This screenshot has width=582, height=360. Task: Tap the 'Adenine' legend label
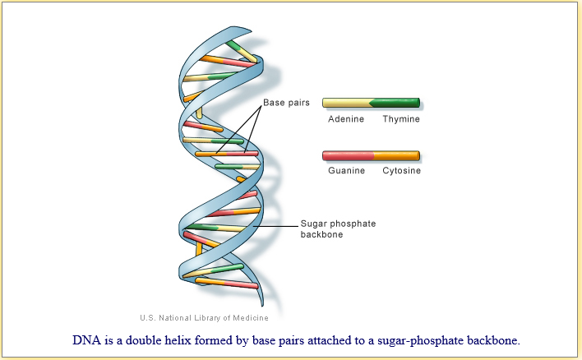click(x=346, y=119)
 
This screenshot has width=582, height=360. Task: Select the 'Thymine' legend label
click(x=401, y=119)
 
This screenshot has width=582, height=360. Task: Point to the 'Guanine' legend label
click(x=346, y=171)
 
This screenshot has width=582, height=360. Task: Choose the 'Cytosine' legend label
click(x=401, y=171)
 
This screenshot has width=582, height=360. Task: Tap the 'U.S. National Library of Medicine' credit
click(x=204, y=318)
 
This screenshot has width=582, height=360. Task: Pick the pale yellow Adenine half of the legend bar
click(x=346, y=104)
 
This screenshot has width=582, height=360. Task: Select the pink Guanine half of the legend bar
click(x=348, y=155)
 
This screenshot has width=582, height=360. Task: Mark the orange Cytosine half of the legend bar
click(x=397, y=155)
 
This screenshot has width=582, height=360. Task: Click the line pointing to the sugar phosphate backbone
click(x=275, y=224)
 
